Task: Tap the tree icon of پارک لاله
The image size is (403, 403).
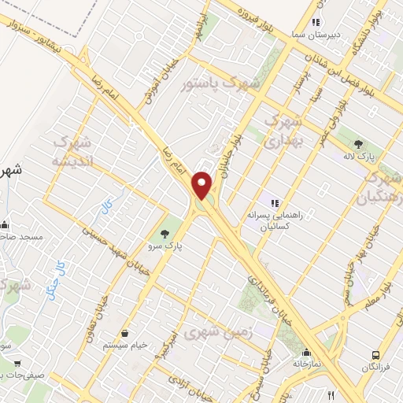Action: pos(358,144)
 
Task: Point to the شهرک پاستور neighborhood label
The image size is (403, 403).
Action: pos(213,83)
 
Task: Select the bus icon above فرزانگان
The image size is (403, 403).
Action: pos(375,356)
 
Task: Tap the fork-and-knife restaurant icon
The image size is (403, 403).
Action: pos(331,395)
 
